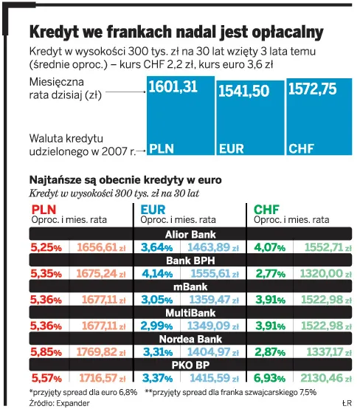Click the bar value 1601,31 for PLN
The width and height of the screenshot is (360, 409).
173,87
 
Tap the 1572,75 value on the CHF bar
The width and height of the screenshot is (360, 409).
312,89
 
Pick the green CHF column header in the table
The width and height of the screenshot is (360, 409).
266,210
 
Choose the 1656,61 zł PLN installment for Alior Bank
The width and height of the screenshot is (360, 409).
96,247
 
